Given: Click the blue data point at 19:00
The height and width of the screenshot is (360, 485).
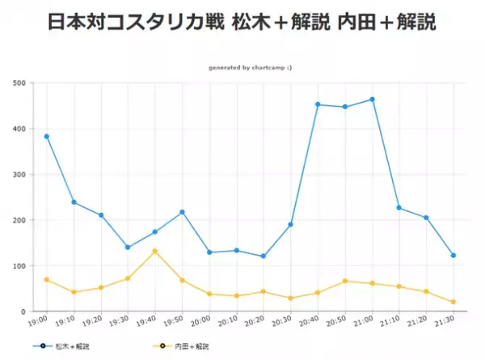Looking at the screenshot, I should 47,136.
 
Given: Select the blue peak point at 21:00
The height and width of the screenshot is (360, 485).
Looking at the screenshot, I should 372,100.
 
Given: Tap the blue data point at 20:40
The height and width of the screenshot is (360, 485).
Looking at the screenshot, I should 318,104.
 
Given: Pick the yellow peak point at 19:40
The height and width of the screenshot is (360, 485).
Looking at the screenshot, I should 155,251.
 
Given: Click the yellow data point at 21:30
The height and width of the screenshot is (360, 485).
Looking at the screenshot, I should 453,302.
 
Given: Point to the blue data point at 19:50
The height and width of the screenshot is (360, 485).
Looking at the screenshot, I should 182,212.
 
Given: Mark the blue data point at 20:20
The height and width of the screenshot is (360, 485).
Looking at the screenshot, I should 264,256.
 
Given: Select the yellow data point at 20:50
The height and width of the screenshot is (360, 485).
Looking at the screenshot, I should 345,281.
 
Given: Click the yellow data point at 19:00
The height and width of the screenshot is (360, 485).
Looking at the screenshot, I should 47,280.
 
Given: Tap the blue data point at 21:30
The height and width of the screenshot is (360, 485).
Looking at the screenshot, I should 453,255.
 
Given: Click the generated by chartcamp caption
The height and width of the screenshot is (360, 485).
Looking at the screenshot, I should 250,68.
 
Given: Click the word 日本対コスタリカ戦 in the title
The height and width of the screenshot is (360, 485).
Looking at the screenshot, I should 138,22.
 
